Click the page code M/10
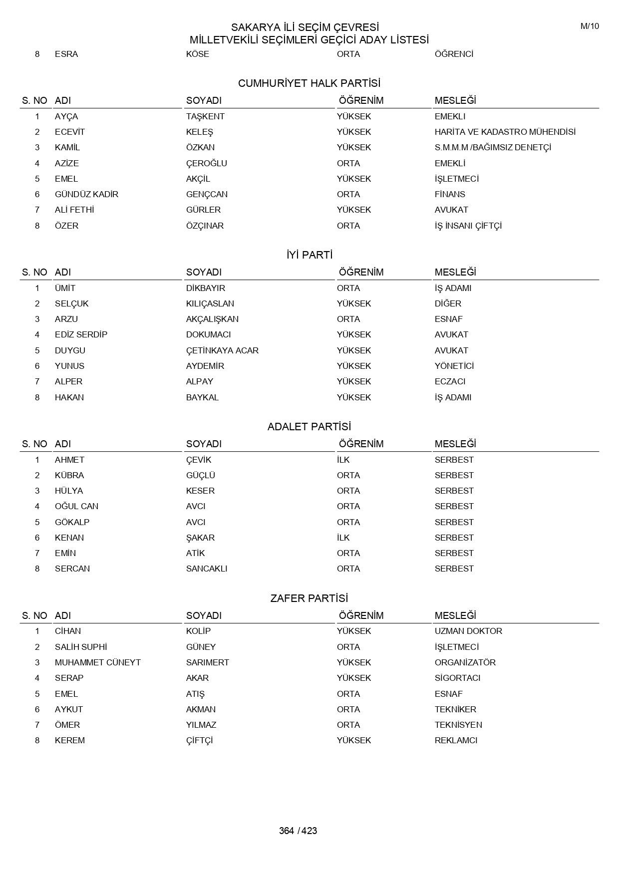(589, 26)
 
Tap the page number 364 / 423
(298, 831)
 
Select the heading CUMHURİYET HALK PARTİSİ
(309, 83)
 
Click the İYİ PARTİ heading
(309, 255)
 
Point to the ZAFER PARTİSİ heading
(309, 598)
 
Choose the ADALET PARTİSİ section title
(309, 427)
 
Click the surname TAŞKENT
(205, 116)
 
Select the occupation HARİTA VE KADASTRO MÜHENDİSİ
(505, 132)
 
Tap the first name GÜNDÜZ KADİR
(86, 194)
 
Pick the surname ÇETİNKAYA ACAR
(222, 350)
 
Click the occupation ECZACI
(450, 381)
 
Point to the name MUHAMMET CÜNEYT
(98, 662)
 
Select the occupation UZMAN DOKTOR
(468, 631)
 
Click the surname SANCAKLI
(207, 569)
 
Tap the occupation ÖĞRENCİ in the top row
(454, 54)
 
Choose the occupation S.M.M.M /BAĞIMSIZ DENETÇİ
(493, 147)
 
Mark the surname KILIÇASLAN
(210, 303)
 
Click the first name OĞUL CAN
(76, 506)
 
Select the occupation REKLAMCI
(456, 740)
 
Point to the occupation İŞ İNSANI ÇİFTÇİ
(468, 226)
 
